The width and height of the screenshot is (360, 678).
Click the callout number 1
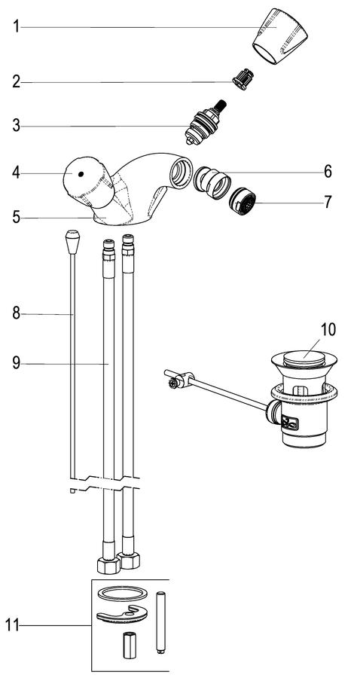tap(16, 27)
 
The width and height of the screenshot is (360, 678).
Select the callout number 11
tap(12, 625)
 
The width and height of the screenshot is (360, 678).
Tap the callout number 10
tap(328, 329)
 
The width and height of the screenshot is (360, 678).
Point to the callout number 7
tap(328, 202)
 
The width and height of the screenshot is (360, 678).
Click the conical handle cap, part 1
tap(279, 36)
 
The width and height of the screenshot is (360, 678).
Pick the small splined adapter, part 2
tap(243, 79)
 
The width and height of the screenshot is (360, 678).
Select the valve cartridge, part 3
tap(204, 122)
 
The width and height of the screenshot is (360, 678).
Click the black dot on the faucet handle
tap(81, 174)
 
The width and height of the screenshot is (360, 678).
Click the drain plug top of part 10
tap(304, 359)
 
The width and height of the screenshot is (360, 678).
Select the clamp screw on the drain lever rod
tap(173, 382)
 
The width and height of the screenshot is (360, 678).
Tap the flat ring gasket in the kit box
tap(121, 594)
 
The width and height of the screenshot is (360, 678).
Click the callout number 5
tap(16, 217)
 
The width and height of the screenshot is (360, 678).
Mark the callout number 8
tap(16, 313)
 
